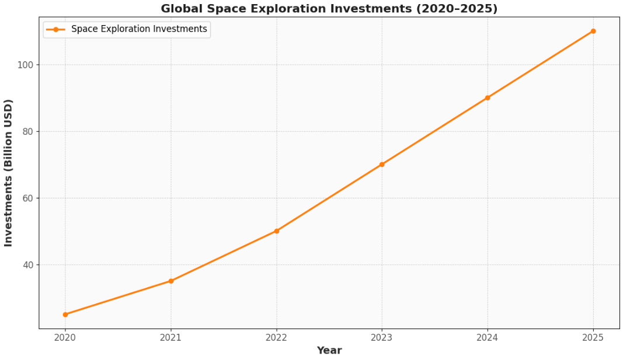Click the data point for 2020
[x=65, y=314]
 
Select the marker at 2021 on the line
[x=171, y=281]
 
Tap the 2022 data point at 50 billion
[x=277, y=231]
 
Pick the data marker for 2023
[x=382, y=165]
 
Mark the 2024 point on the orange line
[x=488, y=98]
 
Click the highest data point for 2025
[x=593, y=31]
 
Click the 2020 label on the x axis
[x=65, y=337]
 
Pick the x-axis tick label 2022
[x=277, y=337]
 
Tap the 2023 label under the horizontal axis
[x=382, y=337]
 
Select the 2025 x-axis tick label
[x=593, y=337]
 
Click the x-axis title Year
[x=329, y=351]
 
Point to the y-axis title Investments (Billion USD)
[x=8, y=173]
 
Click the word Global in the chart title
[x=182, y=9]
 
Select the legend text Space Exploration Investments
[x=139, y=29]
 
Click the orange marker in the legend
[x=56, y=29]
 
